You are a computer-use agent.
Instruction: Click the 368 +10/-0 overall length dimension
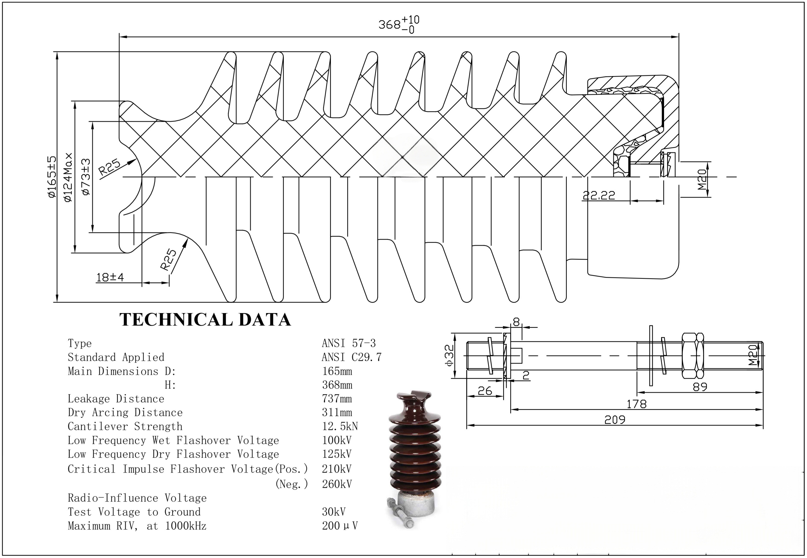(x=398, y=25)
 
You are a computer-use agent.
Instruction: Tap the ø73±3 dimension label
(x=86, y=177)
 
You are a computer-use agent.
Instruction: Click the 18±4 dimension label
(x=110, y=278)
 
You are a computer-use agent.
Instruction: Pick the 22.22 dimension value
(x=599, y=196)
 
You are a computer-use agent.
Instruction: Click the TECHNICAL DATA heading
(x=205, y=320)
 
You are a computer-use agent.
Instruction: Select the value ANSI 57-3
(x=348, y=343)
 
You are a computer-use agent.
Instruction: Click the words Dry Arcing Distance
(x=125, y=412)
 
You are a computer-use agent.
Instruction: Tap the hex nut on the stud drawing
(x=693, y=356)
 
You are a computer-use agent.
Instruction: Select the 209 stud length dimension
(x=615, y=420)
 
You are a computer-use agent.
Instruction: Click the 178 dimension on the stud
(x=636, y=404)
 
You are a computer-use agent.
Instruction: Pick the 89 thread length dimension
(x=700, y=387)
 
